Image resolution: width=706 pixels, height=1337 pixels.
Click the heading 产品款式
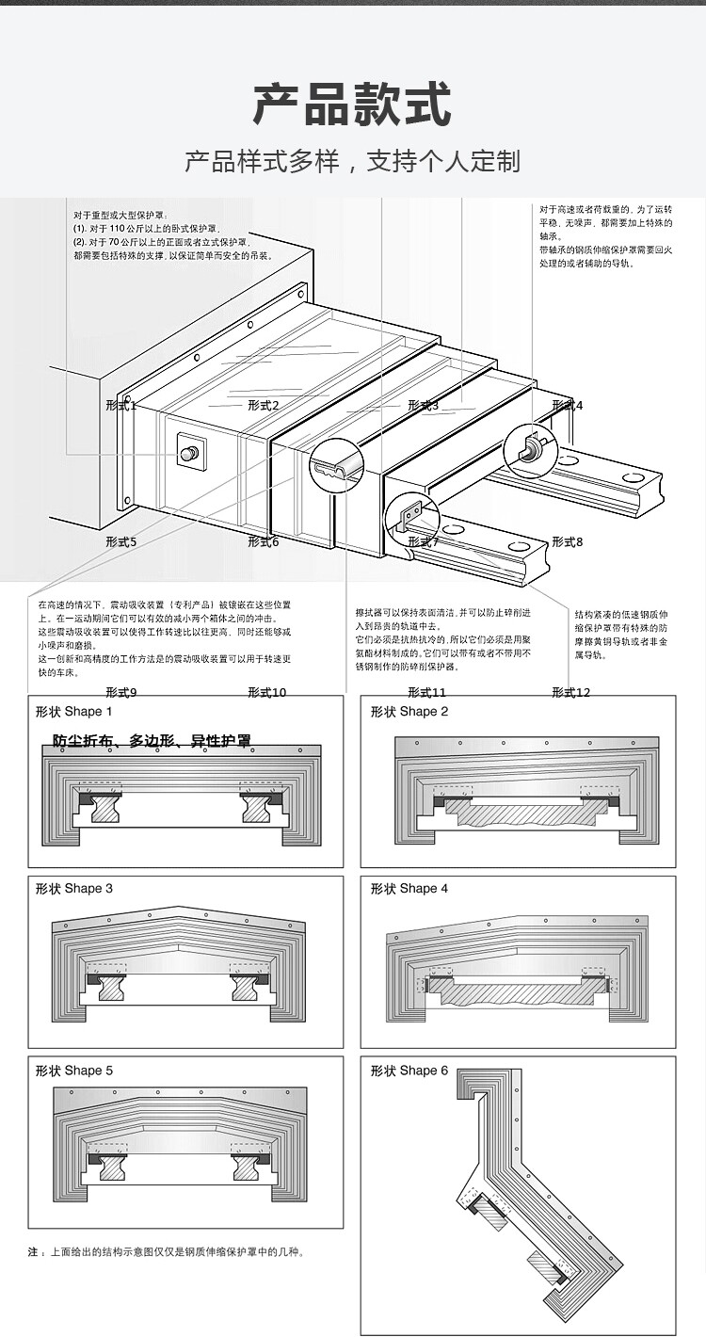click(352, 105)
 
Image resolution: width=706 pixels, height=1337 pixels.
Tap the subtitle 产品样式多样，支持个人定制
click(352, 162)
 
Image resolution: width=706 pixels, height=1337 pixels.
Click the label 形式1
click(121, 406)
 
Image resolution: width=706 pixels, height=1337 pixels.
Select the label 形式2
click(264, 406)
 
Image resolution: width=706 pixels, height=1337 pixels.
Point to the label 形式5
click(121, 541)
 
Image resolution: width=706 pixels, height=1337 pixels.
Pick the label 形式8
click(567, 541)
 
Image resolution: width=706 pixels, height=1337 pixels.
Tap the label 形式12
click(570, 692)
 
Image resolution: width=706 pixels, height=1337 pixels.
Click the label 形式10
click(267, 692)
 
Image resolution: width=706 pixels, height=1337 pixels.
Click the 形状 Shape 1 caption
click(74, 712)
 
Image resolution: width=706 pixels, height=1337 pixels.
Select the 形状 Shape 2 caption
click(409, 712)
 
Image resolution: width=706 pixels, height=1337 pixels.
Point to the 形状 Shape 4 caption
click(409, 889)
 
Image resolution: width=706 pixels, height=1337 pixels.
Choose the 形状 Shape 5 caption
click(74, 1071)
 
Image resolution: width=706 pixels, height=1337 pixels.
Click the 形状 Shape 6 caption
click(409, 1071)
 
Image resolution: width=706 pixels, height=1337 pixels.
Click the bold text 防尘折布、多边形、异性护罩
click(152, 741)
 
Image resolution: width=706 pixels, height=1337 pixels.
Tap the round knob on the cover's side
click(190, 453)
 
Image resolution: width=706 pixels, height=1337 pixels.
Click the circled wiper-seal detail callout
click(337, 464)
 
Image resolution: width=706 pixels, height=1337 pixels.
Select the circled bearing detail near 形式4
click(531, 451)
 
